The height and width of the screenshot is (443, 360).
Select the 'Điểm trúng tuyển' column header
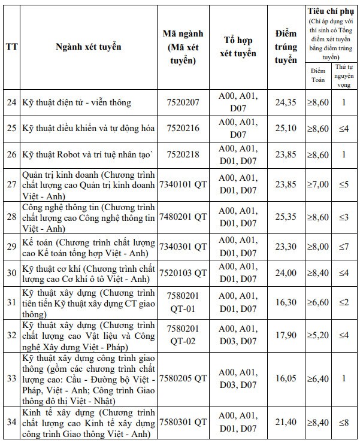pyautogui.click(x=286, y=47)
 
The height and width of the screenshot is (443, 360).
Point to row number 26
pyautogui.click(x=11, y=154)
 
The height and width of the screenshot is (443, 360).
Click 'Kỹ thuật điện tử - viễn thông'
pyautogui.click(x=76, y=102)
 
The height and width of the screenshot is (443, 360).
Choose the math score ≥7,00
pyautogui.click(x=317, y=184)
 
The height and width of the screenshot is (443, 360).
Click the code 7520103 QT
pyautogui.click(x=183, y=273)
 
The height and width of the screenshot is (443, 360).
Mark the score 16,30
pyautogui.click(x=286, y=302)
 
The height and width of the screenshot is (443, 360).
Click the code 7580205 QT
pyautogui.click(x=183, y=378)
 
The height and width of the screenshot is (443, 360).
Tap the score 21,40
pyautogui.click(x=286, y=422)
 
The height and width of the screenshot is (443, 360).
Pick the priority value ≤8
pyautogui.click(x=344, y=422)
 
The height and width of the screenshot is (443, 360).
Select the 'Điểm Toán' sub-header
pyautogui.click(x=317, y=75)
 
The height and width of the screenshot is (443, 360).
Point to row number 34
pyautogui.click(x=11, y=422)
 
